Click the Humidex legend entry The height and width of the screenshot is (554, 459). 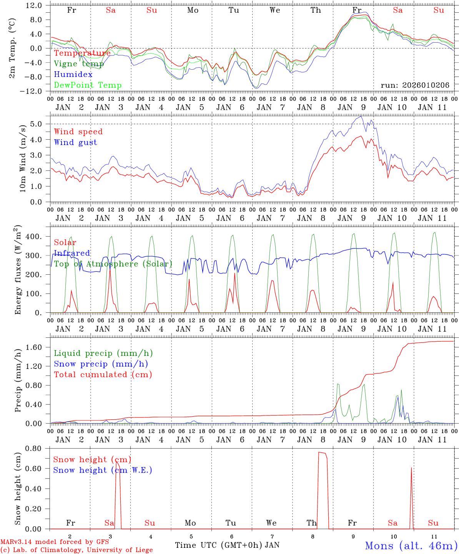[x=73, y=75]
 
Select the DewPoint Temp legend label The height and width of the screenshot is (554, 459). [x=88, y=85]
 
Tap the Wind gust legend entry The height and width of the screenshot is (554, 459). [x=75, y=142]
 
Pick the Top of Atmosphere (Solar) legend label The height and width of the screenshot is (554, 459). [x=113, y=264]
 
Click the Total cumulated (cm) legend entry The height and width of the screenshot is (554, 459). [x=103, y=374]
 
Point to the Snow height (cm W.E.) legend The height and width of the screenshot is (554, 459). [x=102, y=470]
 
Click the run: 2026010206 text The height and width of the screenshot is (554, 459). [x=415, y=85]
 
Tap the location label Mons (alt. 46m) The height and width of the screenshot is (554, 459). [x=411, y=546]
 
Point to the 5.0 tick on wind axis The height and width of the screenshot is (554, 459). [x=37, y=124]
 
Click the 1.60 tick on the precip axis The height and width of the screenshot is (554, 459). [x=34, y=347]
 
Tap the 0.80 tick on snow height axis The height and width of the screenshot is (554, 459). [x=34, y=449]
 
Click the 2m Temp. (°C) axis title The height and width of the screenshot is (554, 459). [x=12, y=48]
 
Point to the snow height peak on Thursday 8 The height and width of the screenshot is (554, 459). [x=322, y=453]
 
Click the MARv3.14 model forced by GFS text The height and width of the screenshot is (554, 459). [x=54, y=542]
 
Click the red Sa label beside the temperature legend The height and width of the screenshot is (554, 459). [x=111, y=10]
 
